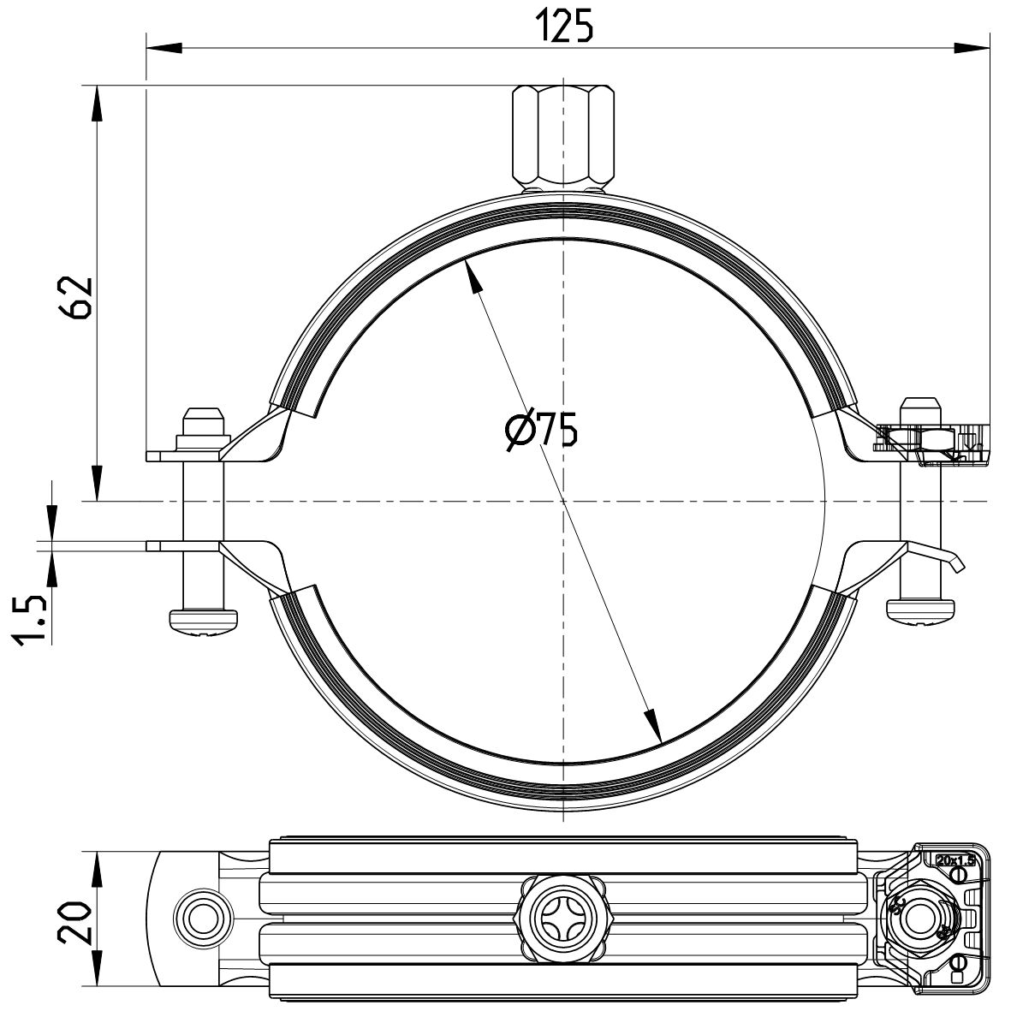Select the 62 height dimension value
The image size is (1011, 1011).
78,297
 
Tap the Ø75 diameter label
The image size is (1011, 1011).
541,430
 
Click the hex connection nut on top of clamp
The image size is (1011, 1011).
563,137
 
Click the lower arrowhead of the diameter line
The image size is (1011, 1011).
654,727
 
